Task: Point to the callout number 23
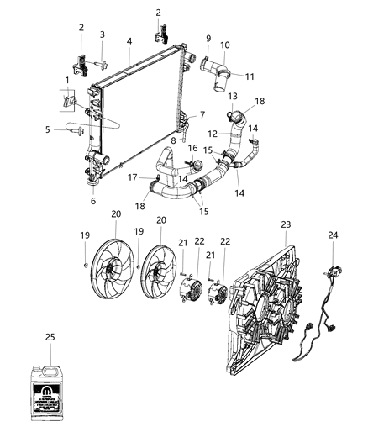coord(287,224)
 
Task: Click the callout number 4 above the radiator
coord(129,40)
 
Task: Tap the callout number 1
coord(68,81)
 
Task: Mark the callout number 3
coord(102,34)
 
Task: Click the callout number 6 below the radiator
coord(94,202)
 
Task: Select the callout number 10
coord(224,45)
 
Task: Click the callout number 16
coord(192,148)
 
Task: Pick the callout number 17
coord(132,177)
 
